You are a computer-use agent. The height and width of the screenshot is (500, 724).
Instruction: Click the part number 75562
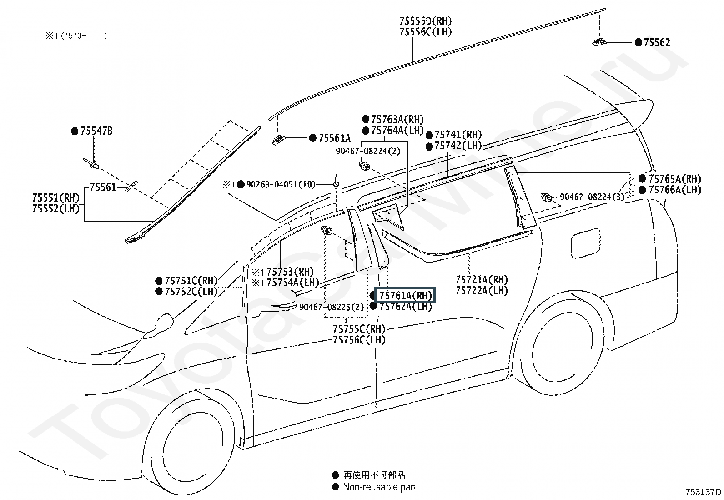(657, 43)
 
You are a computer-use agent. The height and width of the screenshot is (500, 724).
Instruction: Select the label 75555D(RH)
(426, 21)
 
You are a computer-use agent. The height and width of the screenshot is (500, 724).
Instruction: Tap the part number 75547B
(96, 131)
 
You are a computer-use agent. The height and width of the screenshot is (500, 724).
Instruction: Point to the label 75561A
(335, 138)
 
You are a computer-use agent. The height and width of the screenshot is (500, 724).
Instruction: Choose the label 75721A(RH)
(482, 280)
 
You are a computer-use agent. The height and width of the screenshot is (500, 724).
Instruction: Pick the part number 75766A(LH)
(675, 190)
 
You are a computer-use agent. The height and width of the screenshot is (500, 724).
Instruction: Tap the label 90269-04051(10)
(281, 184)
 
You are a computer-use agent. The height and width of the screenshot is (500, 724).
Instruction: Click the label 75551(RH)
(55, 198)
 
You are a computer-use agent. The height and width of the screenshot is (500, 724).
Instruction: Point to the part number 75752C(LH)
(191, 292)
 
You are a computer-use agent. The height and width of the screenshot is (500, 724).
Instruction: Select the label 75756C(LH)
(359, 339)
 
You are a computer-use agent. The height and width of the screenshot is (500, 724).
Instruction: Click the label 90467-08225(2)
(332, 308)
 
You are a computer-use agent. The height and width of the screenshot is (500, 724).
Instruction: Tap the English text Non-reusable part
(379, 487)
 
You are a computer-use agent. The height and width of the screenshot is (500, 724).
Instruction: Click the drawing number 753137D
(704, 492)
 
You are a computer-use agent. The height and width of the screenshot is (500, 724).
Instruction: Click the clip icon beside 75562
(599, 42)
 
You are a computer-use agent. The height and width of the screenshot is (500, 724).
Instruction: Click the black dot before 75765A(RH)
(642, 178)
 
